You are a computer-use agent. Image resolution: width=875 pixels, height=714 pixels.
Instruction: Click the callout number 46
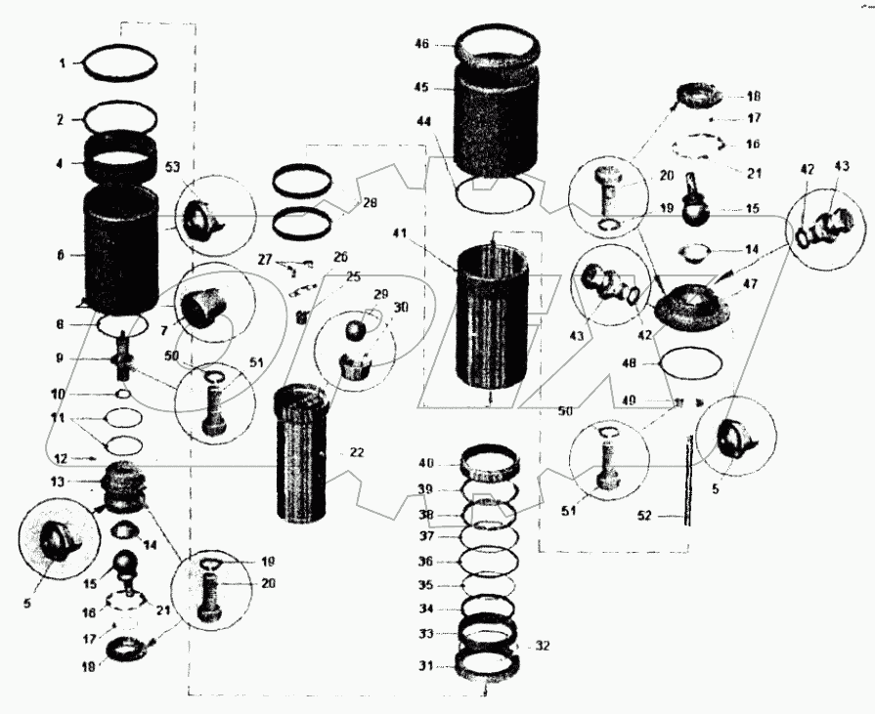[x=422, y=44]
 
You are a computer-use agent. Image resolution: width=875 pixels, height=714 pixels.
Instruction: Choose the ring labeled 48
[x=692, y=364]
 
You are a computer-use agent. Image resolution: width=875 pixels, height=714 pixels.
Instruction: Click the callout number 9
[x=61, y=358]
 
